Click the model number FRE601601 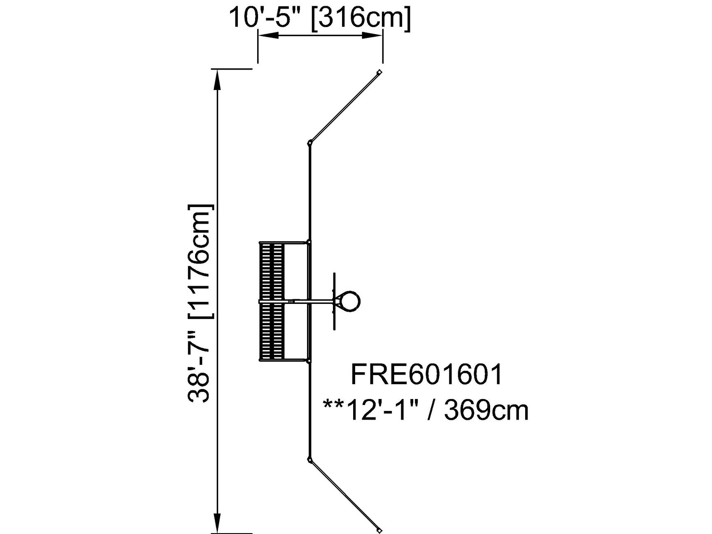tap(426, 374)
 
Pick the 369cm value tap(486, 410)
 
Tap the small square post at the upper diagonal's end tap(379, 72)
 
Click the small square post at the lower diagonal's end tap(379, 529)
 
